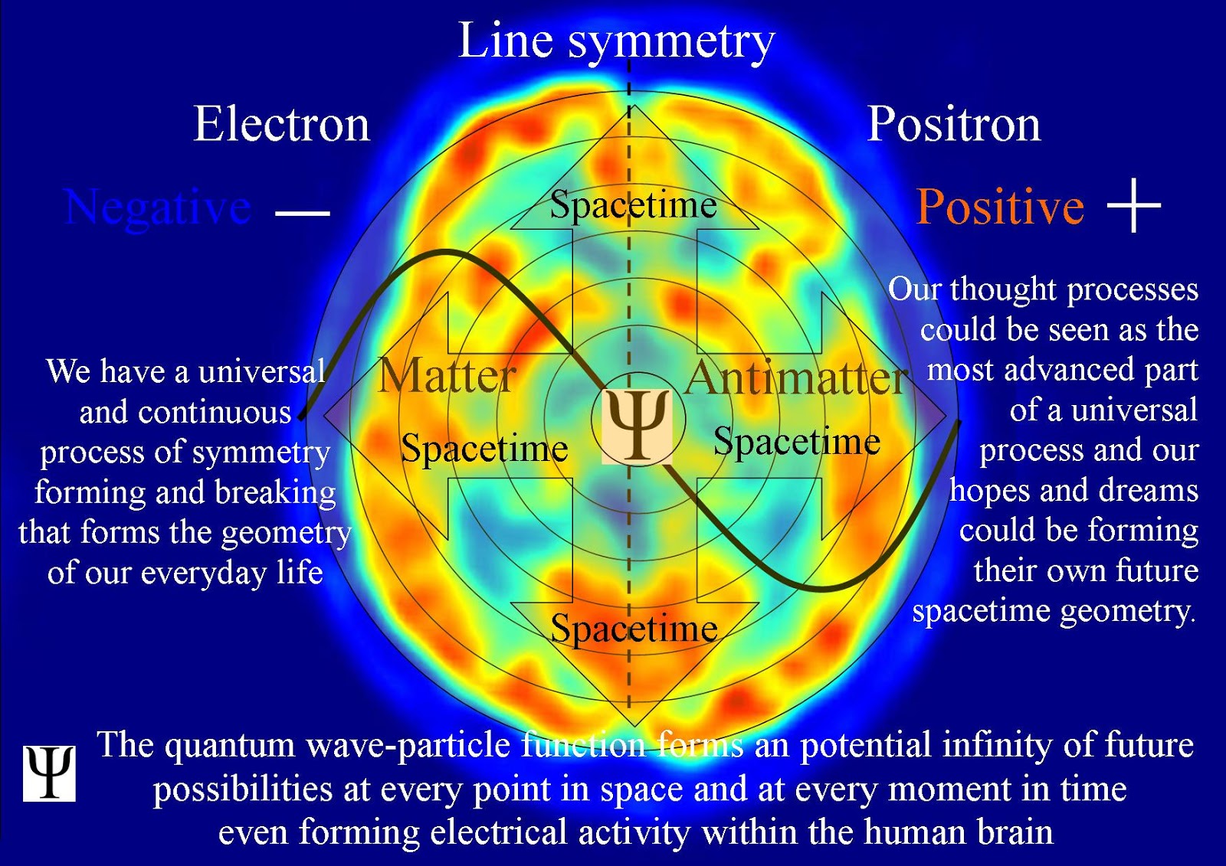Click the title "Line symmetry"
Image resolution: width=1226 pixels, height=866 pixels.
click(616, 41)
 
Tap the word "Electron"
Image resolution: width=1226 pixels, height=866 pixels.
click(281, 124)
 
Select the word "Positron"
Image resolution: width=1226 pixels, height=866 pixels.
click(954, 124)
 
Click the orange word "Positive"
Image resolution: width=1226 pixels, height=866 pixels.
click(1000, 207)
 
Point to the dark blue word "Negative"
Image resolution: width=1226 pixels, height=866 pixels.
click(158, 207)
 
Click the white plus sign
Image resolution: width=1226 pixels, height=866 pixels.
click(1134, 205)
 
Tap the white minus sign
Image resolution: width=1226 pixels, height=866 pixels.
click(302, 212)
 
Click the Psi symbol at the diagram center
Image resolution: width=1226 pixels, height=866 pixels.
click(636, 426)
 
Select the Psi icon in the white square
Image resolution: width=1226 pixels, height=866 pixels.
click(49, 773)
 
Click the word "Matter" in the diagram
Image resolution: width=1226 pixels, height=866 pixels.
click(447, 376)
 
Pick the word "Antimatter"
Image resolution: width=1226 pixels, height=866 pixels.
click(797, 377)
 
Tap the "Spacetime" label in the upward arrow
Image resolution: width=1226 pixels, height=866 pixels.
click(633, 204)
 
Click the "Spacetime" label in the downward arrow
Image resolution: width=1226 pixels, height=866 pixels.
click(634, 629)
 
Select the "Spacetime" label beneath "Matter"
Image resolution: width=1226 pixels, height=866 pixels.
click(484, 448)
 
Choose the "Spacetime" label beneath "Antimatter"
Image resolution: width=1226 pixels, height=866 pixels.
click(797, 442)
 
